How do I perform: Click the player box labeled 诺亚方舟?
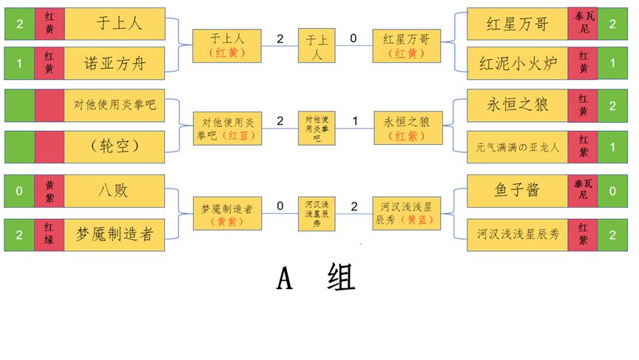pyautogui.click(x=115, y=63)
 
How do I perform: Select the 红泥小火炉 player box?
pyautogui.click(x=517, y=63)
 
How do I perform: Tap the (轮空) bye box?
pyautogui.click(x=115, y=146)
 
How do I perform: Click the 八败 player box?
pyautogui.click(x=115, y=191)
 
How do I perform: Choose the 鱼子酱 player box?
pyautogui.click(x=517, y=191)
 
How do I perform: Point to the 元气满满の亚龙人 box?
pyautogui.click(x=517, y=146)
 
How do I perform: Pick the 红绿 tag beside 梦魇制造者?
pyautogui.click(x=49, y=234)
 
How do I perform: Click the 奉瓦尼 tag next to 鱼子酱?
pyautogui.click(x=583, y=191)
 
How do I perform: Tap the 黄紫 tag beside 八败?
pyautogui.click(x=49, y=191)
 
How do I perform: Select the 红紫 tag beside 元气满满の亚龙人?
pyautogui.click(x=583, y=146)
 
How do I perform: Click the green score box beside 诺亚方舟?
pyautogui.click(x=19, y=63)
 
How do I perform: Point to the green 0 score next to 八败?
pyautogui.click(x=19, y=191)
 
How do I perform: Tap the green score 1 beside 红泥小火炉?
pyautogui.click(x=613, y=63)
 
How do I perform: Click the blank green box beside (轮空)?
pyautogui.click(x=19, y=146)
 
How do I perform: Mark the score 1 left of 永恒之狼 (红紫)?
pyautogui.click(x=354, y=120)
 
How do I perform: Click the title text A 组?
pyautogui.click(x=316, y=278)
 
